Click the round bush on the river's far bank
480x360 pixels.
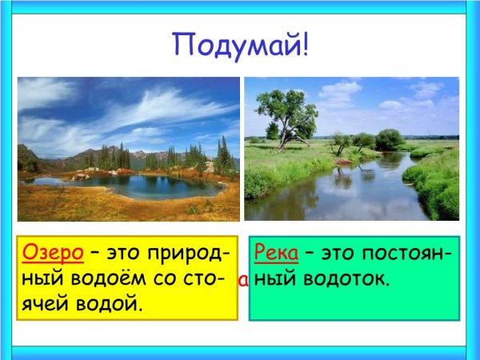[389, 139]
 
